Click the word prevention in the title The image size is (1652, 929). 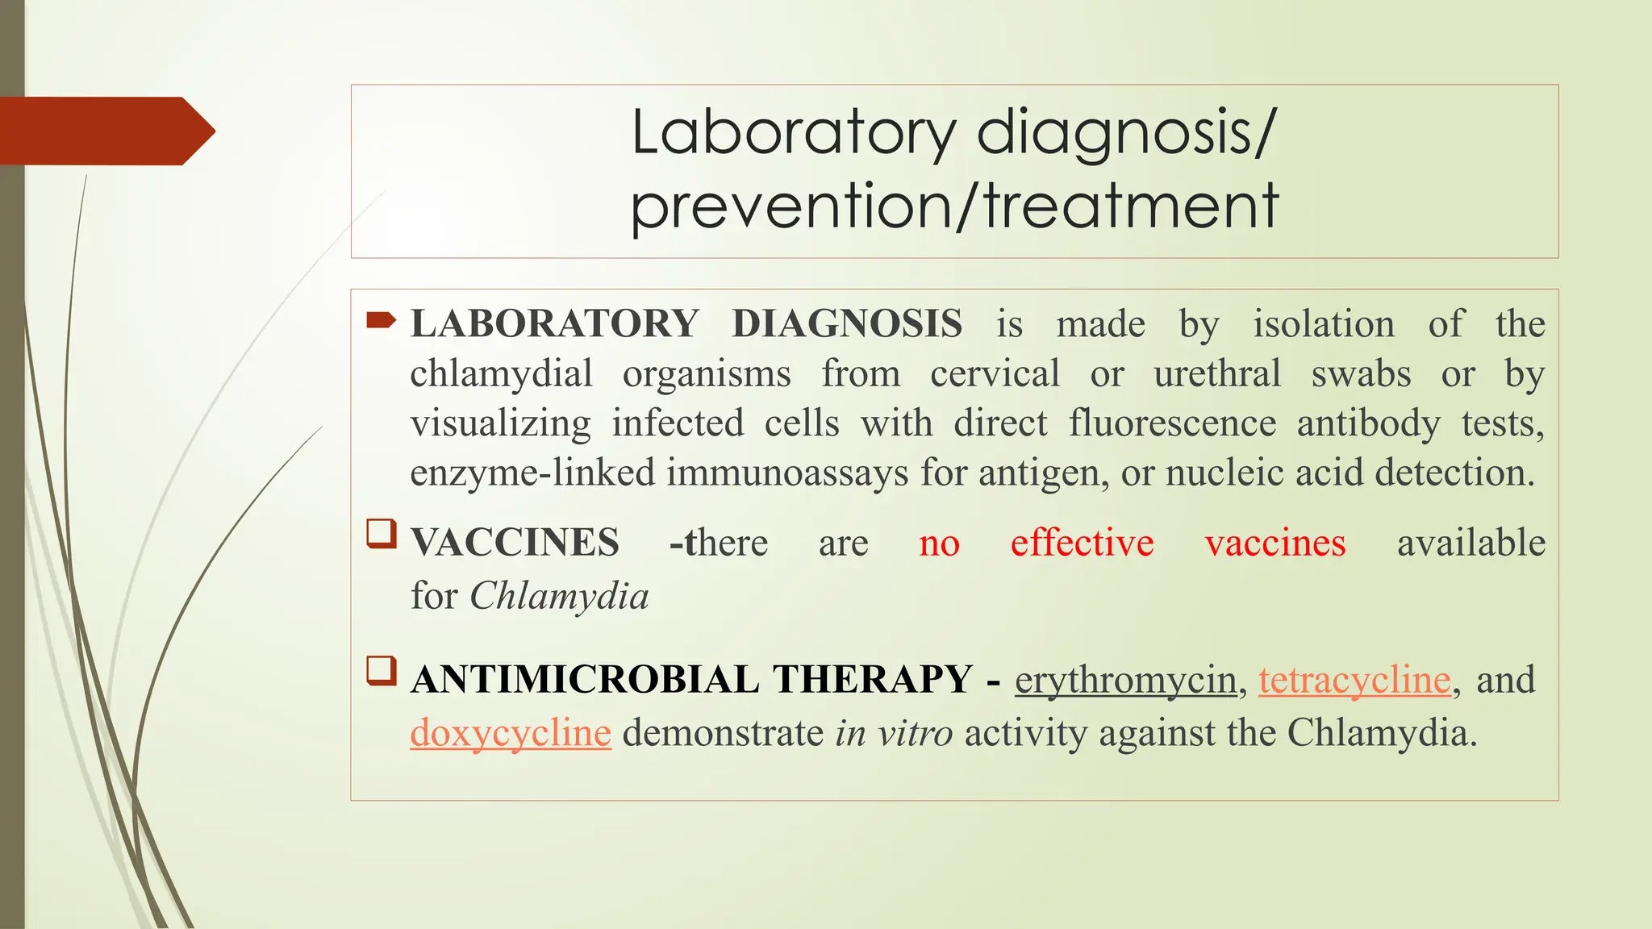[791, 207]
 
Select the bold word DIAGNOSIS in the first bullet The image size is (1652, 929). [847, 324]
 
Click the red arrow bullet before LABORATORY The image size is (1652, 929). [381, 322]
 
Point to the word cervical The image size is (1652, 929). [995, 374]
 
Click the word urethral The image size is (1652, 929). [1216, 374]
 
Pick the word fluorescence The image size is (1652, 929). [1172, 423]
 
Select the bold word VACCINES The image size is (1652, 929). [515, 543]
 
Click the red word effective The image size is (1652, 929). [1082, 543]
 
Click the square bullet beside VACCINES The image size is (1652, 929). [382, 534]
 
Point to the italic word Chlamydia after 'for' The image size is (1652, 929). [559, 597]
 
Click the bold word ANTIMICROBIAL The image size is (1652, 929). [585, 680]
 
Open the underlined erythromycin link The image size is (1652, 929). [1125, 680]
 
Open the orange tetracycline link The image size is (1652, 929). [1354, 680]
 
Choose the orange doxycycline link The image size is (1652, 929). [510, 733]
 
